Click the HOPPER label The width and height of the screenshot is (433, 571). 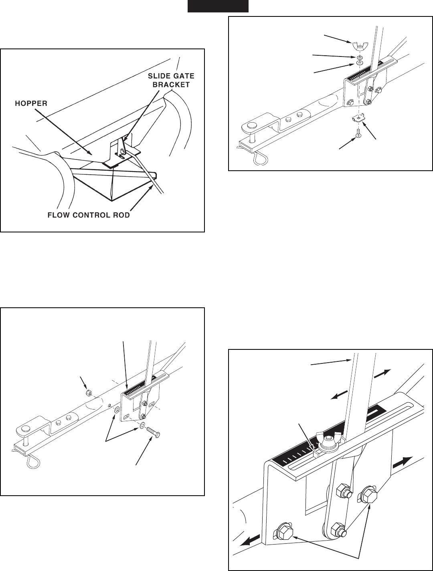point(31,103)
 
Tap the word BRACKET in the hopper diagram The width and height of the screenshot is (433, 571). point(171,85)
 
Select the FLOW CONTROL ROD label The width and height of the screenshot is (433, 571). point(89,216)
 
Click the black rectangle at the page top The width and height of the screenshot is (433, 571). point(218,6)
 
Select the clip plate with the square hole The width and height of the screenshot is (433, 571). point(358,119)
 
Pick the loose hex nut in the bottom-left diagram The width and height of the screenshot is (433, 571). point(89,392)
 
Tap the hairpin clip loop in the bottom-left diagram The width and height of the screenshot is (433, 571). point(33,462)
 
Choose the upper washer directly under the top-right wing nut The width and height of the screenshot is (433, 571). point(359,57)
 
